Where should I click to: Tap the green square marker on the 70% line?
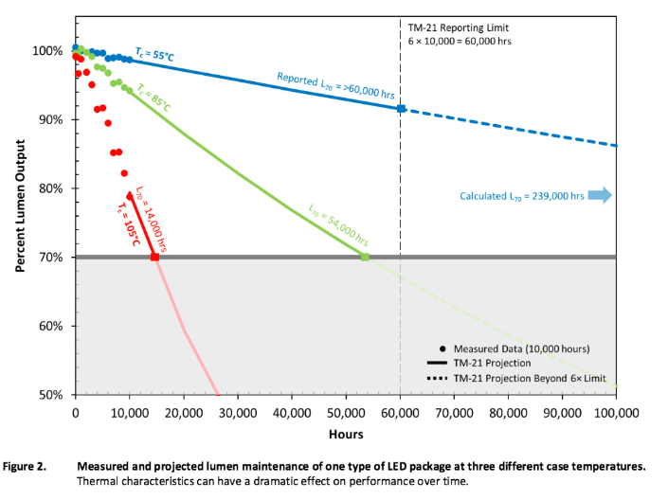click(365, 257)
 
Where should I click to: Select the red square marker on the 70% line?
click(155, 257)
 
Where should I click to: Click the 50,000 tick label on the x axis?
click(346, 412)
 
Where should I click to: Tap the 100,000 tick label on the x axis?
click(616, 412)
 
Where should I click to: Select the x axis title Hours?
click(346, 434)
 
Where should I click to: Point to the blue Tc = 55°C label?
click(154, 56)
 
